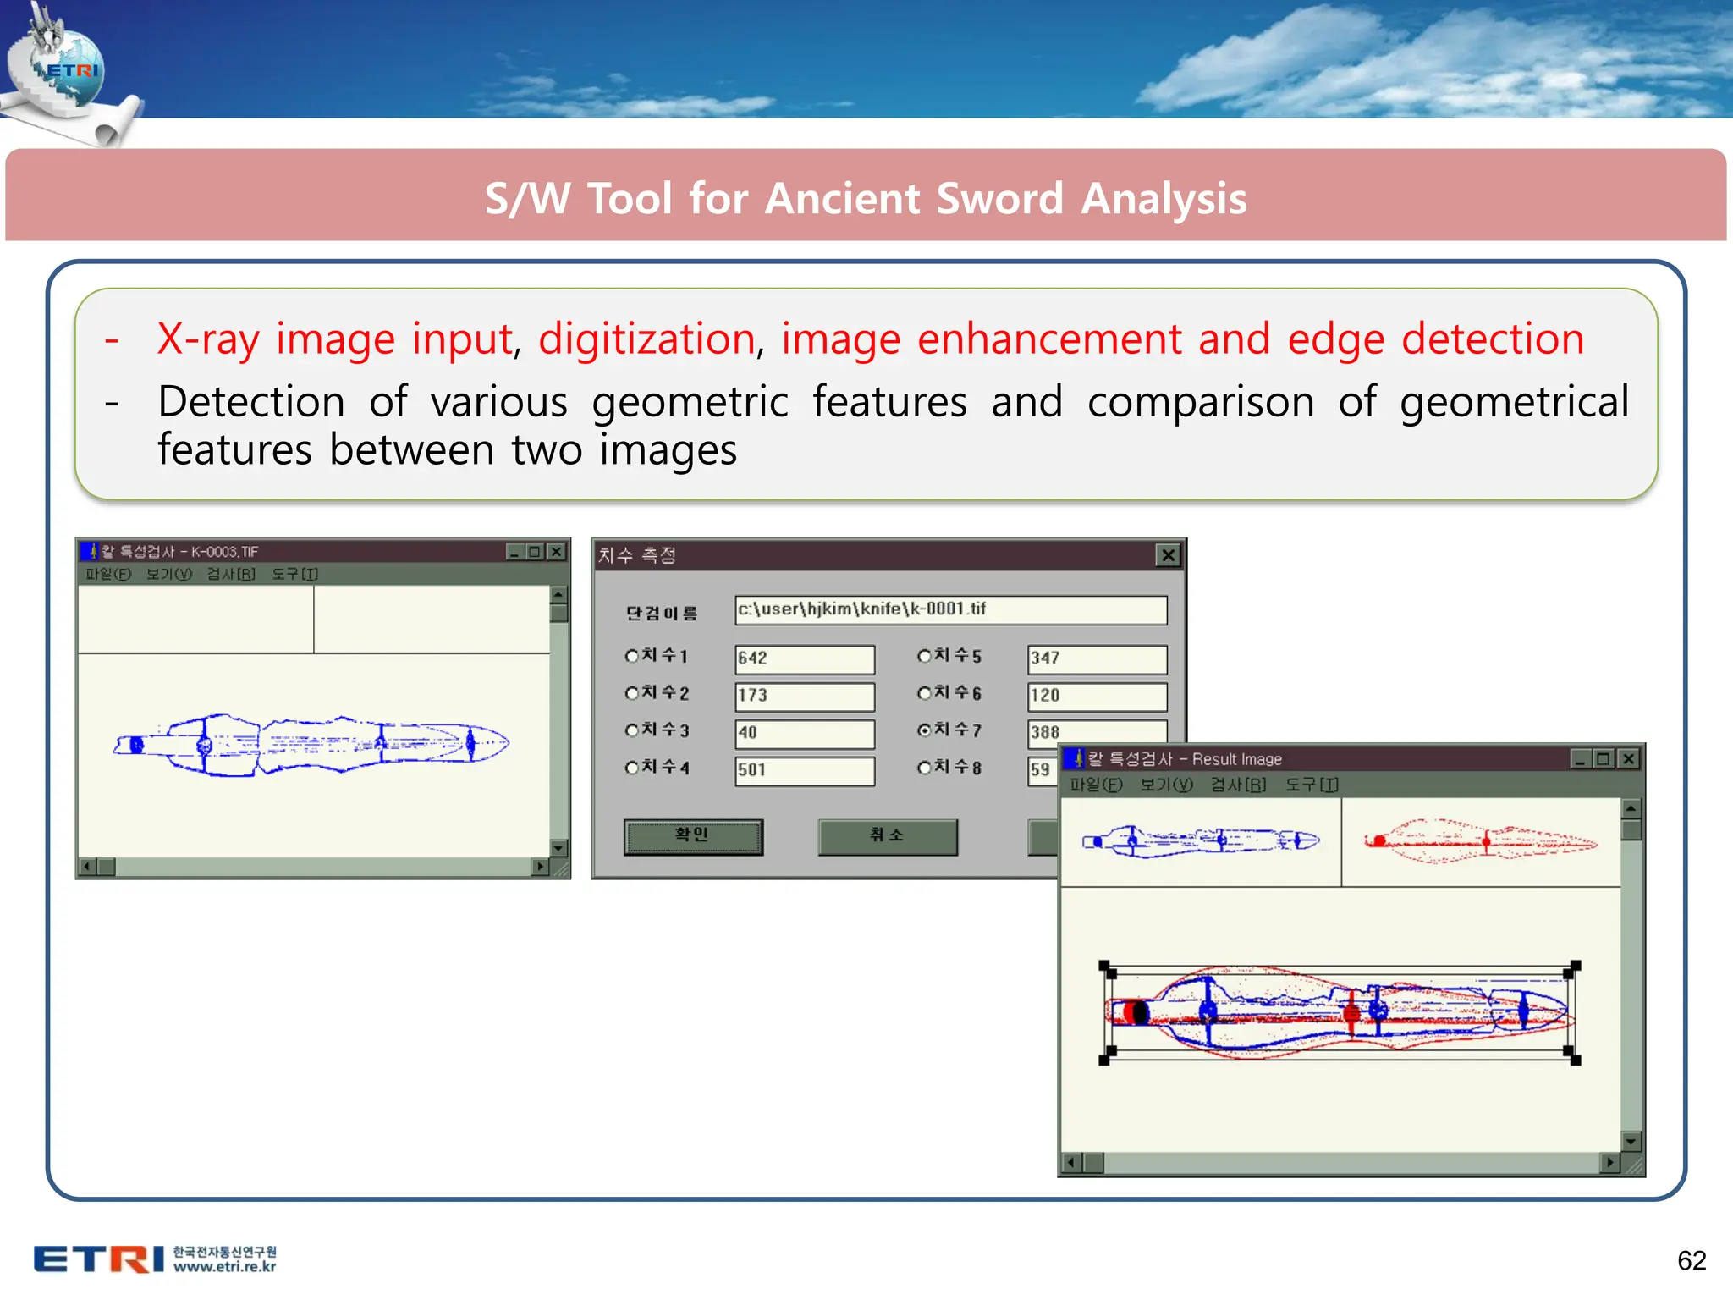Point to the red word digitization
pyautogui.click(x=647, y=339)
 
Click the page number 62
pyautogui.click(x=1691, y=1260)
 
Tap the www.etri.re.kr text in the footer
pyautogui.click(x=224, y=1267)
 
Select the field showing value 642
pyautogui.click(x=804, y=658)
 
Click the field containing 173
pyautogui.click(x=804, y=696)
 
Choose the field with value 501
pyautogui.click(x=804, y=770)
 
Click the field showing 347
pyautogui.click(x=1097, y=658)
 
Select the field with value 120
pyautogui.click(x=1097, y=696)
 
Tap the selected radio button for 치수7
pyautogui.click(x=924, y=730)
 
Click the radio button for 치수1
pyautogui.click(x=631, y=656)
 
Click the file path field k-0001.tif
pyautogui.click(x=949, y=609)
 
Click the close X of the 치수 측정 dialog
pyautogui.click(x=1168, y=555)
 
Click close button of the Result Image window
pyautogui.click(x=1628, y=759)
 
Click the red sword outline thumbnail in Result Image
pyautogui.click(x=1479, y=841)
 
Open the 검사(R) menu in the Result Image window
pyautogui.click(x=1237, y=785)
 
